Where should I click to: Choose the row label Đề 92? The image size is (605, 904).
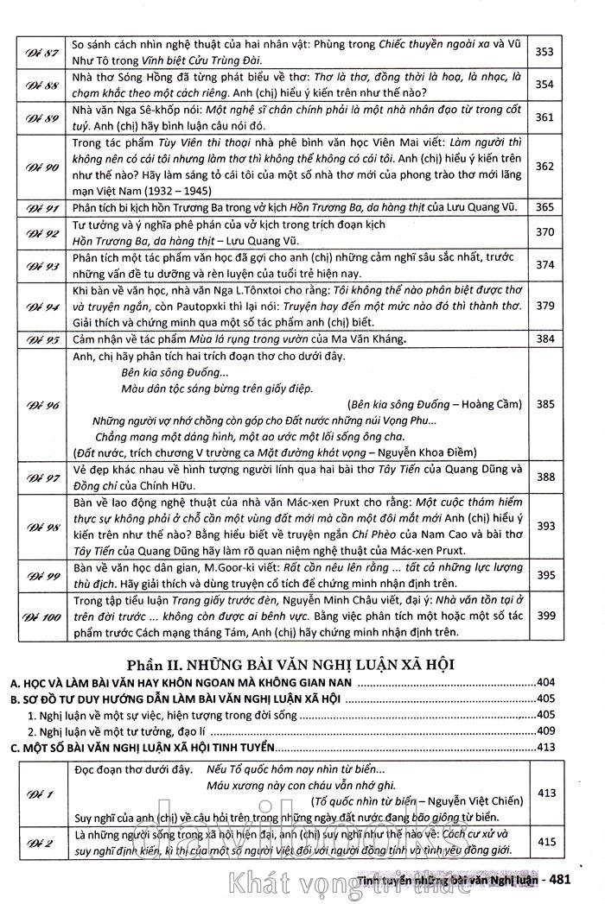[x=41, y=233]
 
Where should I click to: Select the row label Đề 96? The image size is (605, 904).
[x=41, y=404]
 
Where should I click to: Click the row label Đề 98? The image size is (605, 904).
[x=41, y=527]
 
